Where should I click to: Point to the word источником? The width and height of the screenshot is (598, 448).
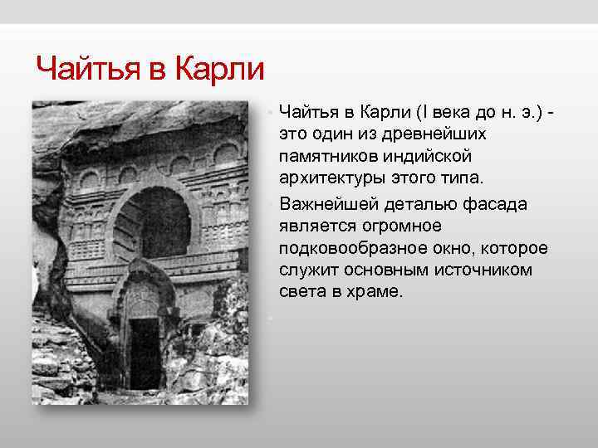pyautogui.click(x=475, y=270)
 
